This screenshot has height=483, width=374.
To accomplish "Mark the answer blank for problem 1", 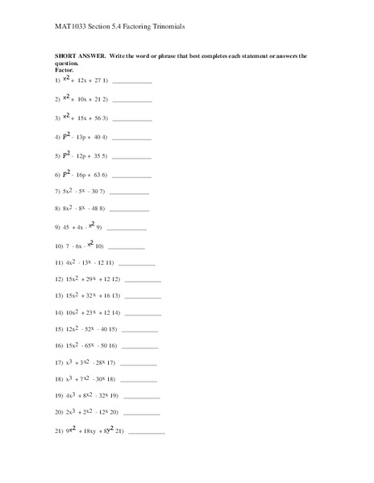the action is [133, 82].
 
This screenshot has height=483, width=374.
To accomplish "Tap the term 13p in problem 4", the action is [84, 137].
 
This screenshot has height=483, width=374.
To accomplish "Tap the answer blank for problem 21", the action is [146, 432].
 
